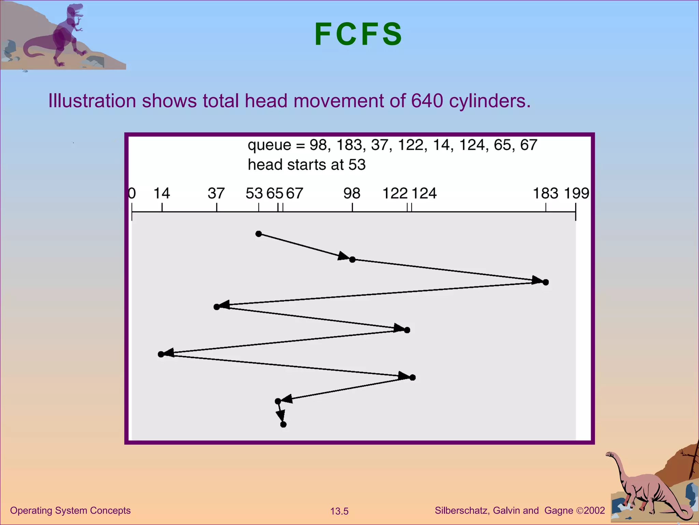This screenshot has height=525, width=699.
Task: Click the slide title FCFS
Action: [x=358, y=34]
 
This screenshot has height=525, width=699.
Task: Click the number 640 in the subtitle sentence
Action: [x=427, y=101]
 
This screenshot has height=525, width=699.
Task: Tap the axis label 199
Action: [x=576, y=193]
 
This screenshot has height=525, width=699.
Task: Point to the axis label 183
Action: [x=545, y=193]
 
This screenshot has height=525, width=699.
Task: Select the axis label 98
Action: [x=352, y=193]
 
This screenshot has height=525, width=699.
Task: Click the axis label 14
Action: [x=161, y=193]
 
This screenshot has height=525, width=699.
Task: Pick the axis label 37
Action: [x=216, y=193]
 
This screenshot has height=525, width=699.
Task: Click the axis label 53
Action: [x=254, y=193]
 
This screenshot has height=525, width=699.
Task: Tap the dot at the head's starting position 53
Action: [x=259, y=234]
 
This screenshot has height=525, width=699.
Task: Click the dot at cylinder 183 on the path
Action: [x=546, y=282]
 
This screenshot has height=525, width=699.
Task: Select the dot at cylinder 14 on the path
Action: [x=161, y=354]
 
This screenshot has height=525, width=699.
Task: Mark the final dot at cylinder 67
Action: [x=283, y=425]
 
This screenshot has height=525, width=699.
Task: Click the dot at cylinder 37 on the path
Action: [x=217, y=307]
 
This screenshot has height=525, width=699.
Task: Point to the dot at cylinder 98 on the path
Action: [x=353, y=260]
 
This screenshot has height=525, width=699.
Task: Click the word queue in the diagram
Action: [x=269, y=145]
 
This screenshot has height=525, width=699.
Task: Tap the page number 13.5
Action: [x=339, y=511]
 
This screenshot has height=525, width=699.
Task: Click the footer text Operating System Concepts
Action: [x=70, y=511]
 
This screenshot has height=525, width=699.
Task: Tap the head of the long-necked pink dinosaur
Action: [x=610, y=455]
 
